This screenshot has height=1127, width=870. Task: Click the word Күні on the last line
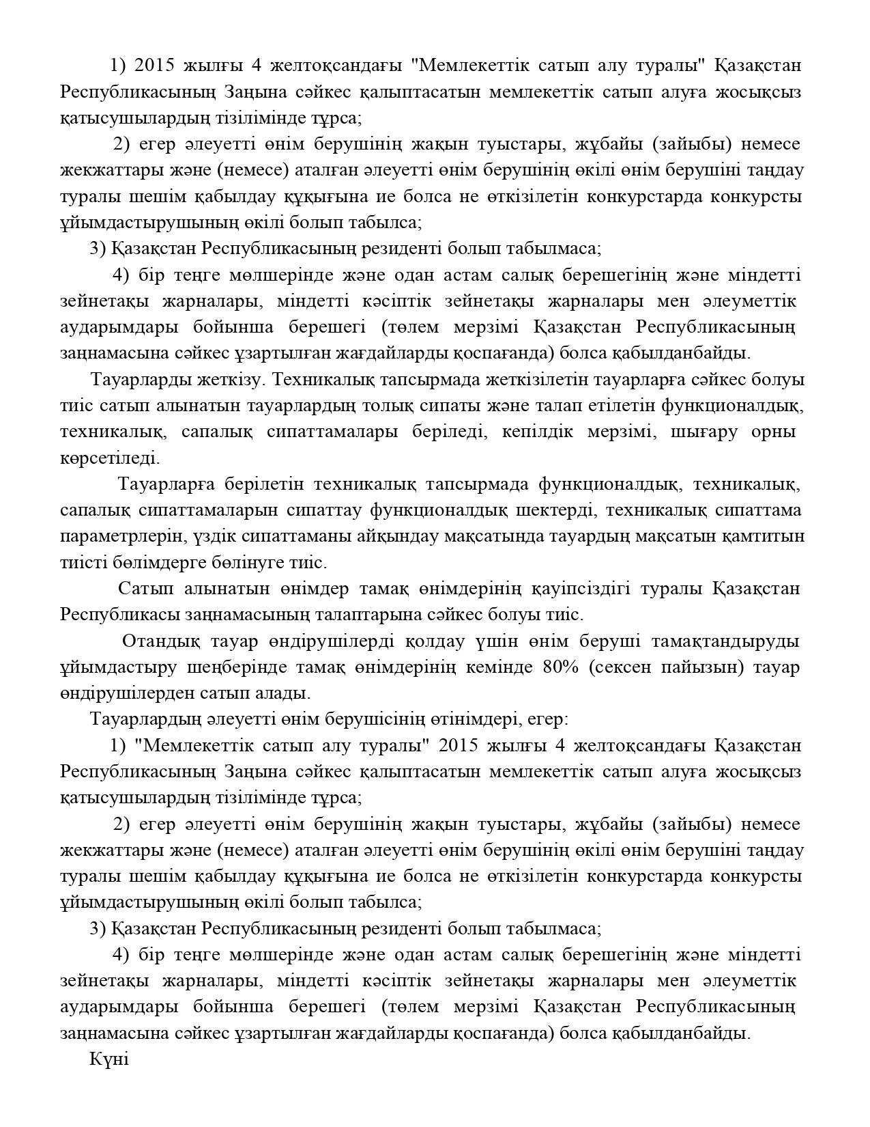pos(108,1059)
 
